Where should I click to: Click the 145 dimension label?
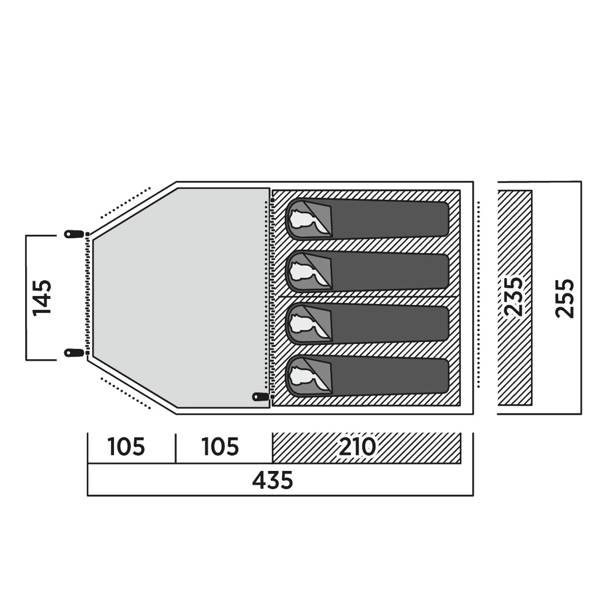[x=42, y=297]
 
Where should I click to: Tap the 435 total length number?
[x=273, y=480]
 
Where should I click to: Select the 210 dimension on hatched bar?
[x=357, y=446]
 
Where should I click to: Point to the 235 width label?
[x=514, y=296]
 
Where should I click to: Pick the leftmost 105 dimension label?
[x=126, y=447]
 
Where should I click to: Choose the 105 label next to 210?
[x=221, y=447]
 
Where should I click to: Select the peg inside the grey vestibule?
[x=261, y=397]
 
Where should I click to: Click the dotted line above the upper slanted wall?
[x=125, y=202]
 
